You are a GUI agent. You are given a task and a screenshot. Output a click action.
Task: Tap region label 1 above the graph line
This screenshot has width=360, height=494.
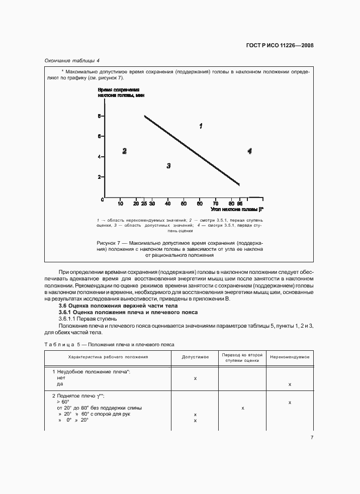pos(201,126)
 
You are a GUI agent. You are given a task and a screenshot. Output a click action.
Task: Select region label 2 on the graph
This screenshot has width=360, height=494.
pos(124,151)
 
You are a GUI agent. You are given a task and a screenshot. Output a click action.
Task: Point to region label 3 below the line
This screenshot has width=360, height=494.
pos(168,165)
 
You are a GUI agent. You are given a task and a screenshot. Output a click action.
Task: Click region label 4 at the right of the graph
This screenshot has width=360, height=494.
pos(249,151)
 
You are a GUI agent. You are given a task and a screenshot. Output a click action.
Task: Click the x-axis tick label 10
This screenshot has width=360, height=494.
pos(120,204)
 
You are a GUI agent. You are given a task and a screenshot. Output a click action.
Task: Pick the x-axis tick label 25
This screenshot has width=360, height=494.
pos(144,204)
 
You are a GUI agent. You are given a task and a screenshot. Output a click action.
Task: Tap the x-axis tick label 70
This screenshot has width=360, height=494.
pos(216,204)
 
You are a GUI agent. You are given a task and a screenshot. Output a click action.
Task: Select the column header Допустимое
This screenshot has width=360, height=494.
pos(195,357)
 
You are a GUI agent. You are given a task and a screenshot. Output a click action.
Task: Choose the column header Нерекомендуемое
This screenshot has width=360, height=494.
pos(290,357)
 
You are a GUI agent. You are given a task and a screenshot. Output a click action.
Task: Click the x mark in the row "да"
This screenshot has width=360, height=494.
pos(290,384)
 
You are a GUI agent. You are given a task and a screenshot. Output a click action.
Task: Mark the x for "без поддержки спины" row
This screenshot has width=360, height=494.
pos(242,408)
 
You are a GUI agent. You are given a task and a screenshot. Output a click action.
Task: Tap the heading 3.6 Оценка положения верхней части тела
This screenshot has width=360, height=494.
pos(118,306)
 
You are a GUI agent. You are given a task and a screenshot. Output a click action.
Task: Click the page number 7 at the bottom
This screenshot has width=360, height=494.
pos(312,438)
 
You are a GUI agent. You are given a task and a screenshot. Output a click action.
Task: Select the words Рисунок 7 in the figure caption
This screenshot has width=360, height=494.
pos(109,243)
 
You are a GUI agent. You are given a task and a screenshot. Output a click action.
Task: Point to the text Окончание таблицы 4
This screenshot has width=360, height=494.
pos(72,60)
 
